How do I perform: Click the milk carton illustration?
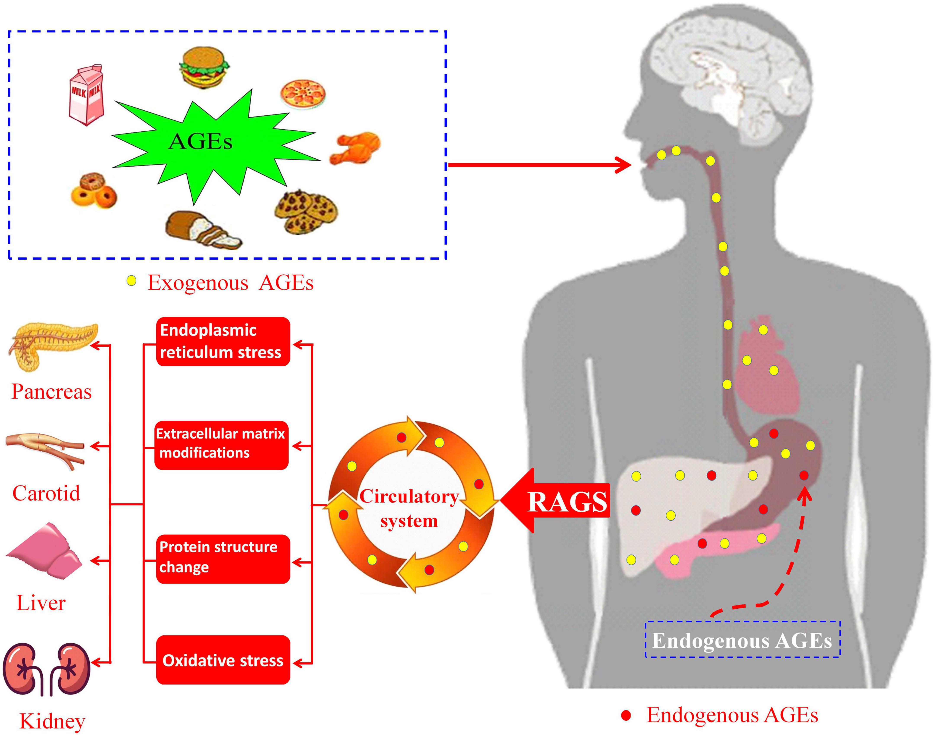coord(86,95)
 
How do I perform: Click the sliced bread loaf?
coord(203,230)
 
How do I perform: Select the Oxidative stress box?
coord(223,660)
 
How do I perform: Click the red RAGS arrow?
coord(556,501)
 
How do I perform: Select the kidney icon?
coord(47,669)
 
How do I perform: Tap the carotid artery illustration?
coord(45,448)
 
